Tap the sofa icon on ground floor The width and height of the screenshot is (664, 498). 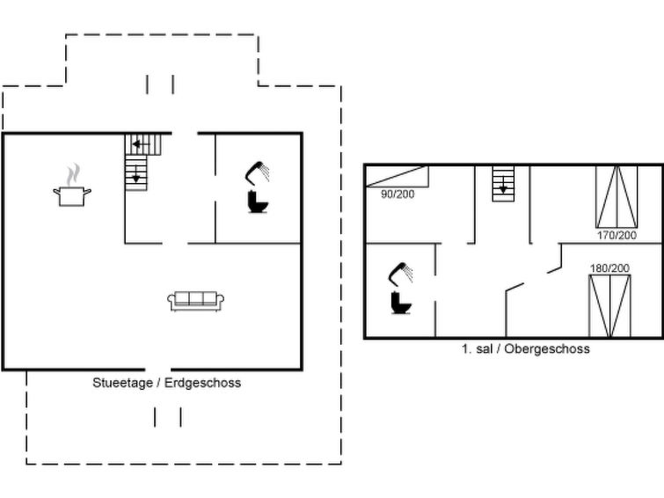(196, 300)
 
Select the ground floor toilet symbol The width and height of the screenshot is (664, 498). (258, 203)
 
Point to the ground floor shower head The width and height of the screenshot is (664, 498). (258, 171)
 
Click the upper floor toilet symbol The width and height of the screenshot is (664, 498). (401, 302)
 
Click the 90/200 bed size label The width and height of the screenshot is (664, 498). (398, 194)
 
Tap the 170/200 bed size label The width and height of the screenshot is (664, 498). (617, 235)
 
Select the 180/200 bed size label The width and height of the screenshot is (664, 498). (609, 267)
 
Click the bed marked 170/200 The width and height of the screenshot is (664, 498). (617, 195)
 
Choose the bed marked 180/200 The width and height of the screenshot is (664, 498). (609, 305)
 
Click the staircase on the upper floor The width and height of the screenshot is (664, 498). (502, 183)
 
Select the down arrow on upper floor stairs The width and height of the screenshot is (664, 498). (502, 187)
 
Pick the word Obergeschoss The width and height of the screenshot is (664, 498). (551, 348)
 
